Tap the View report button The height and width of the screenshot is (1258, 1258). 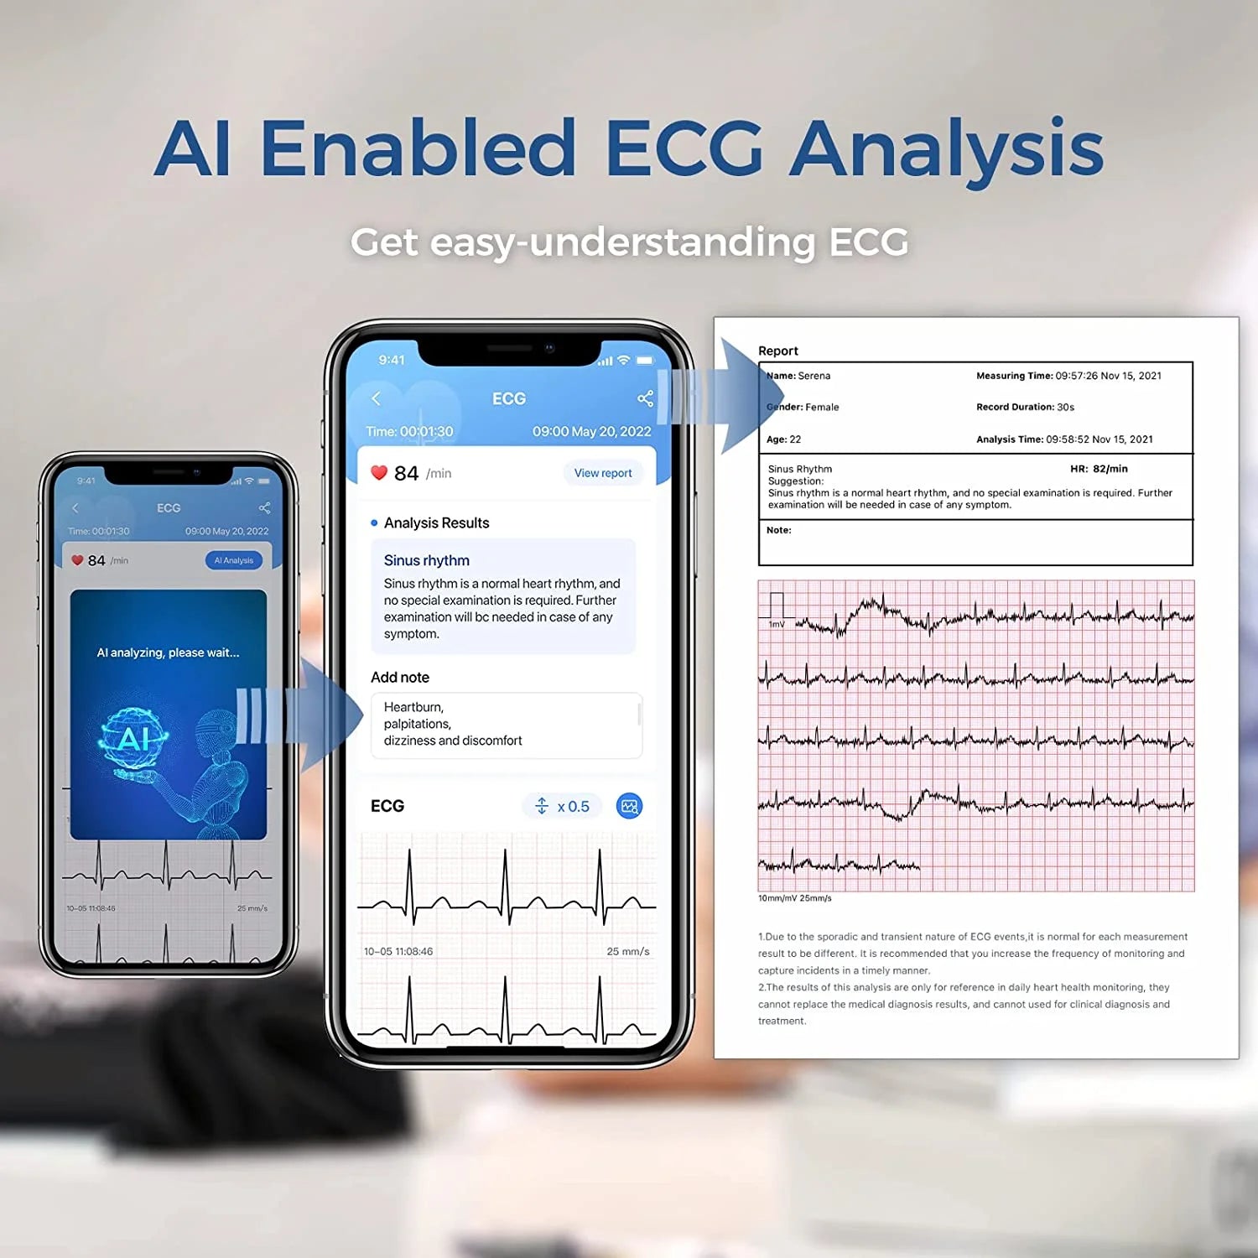point(603,473)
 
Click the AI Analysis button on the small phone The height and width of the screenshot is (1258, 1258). point(233,560)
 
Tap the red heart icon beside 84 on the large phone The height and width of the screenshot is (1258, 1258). point(379,473)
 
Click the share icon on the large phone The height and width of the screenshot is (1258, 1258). point(645,398)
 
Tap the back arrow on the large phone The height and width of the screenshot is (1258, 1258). point(376,398)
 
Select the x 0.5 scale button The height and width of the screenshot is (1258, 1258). point(563,806)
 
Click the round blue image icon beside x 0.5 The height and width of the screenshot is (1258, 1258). point(629,806)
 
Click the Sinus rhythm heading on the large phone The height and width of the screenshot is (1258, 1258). point(426,560)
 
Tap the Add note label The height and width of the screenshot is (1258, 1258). point(400,677)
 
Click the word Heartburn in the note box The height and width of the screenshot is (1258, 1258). point(413,707)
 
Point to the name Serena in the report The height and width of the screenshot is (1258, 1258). point(814,376)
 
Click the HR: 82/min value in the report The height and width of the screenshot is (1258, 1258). point(1099,469)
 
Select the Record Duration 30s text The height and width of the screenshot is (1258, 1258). point(1025,407)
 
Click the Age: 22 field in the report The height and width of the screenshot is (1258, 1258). point(783,439)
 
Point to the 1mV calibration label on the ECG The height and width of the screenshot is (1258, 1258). point(777,624)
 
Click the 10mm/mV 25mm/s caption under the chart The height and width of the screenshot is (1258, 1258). point(795,898)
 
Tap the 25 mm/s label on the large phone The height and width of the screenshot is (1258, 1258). point(627,951)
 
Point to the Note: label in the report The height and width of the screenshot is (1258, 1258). point(778,530)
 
